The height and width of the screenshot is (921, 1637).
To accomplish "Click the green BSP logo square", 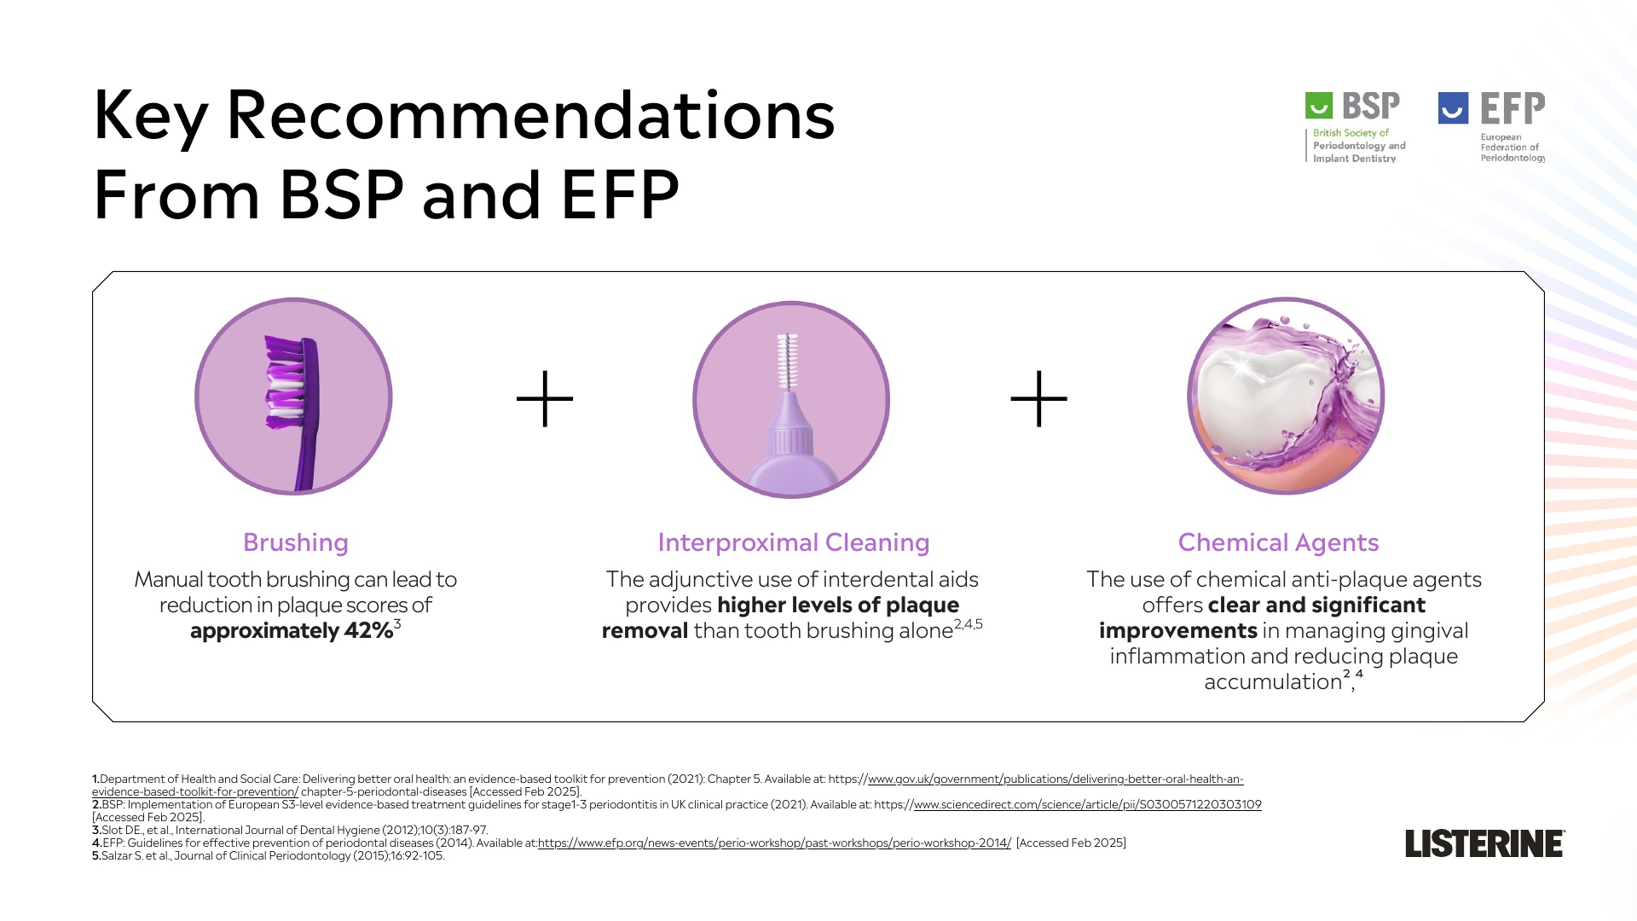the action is (x=1318, y=106).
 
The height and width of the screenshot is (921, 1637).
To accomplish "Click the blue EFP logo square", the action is (x=1453, y=108).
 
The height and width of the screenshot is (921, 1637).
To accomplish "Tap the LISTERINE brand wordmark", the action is (x=1484, y=843).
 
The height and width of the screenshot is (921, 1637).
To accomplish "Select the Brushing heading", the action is (x=296, y=542).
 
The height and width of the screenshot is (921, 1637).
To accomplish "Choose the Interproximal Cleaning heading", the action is (x=794, y=542).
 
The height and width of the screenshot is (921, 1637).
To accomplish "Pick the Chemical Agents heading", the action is (x=1278, y=542).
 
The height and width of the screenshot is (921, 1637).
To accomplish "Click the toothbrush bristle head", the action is (x=284, y=381).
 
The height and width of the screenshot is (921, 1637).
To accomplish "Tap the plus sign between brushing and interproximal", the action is (x=545, y=398).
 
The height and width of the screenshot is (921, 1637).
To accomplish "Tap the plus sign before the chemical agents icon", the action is (x=1038, y=398).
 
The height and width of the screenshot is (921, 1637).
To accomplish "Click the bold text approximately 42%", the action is (x=292, y=631).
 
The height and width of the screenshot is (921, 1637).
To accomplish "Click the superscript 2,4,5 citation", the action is (x=969, y=624).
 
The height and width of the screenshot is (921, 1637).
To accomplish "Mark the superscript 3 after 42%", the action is (x=397, y=624).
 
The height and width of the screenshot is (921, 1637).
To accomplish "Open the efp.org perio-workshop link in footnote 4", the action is (x=774, y=843).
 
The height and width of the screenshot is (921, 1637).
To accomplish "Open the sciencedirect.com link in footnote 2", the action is (x=1087, y=804).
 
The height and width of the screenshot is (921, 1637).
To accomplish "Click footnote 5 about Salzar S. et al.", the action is (x=269, y=855).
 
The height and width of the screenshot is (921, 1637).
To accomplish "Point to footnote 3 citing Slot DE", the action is (x=290, y=830).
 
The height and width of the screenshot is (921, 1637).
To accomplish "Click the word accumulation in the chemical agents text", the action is (x=1273, y=682).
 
